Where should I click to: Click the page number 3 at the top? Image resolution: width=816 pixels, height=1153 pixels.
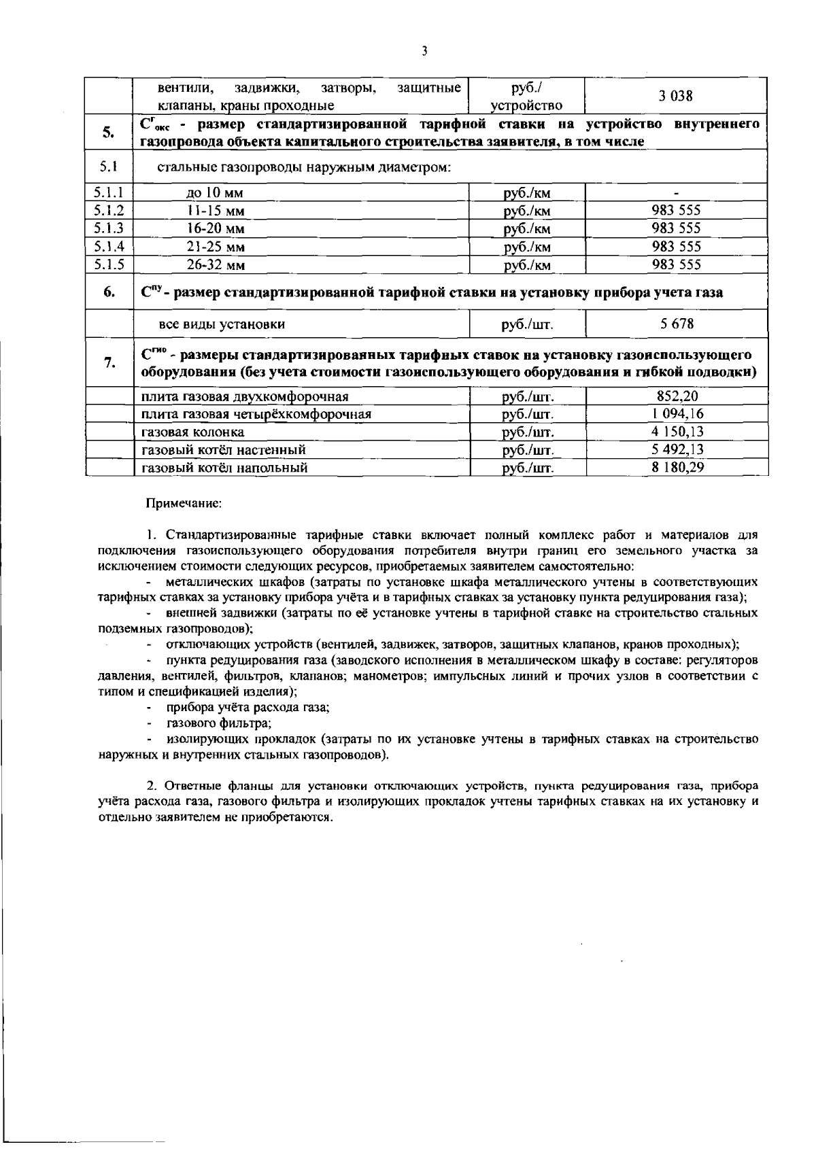click(x=424, y=51)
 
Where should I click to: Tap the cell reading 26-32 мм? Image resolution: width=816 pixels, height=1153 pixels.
click(x=216, y=265)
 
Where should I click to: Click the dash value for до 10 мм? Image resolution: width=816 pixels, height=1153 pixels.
click(x=676, y=193)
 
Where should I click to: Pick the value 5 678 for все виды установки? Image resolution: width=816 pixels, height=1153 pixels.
click(x=676, y=324)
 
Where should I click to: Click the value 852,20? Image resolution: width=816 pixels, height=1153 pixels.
click(x=676, y=396)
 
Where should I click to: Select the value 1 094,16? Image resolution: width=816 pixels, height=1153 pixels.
click(x=676, y=414)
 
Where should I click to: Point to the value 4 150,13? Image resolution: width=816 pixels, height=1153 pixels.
click(x=676, y=432)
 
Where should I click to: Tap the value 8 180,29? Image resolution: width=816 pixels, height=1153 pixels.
click(x=676, y=468)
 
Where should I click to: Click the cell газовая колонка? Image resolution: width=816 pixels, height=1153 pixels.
click(x=192, y=432)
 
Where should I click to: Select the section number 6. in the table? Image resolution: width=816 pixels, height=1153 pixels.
click(x=109, y=292)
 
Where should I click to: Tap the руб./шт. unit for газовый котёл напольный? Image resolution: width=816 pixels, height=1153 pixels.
click(x=528, y=468)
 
